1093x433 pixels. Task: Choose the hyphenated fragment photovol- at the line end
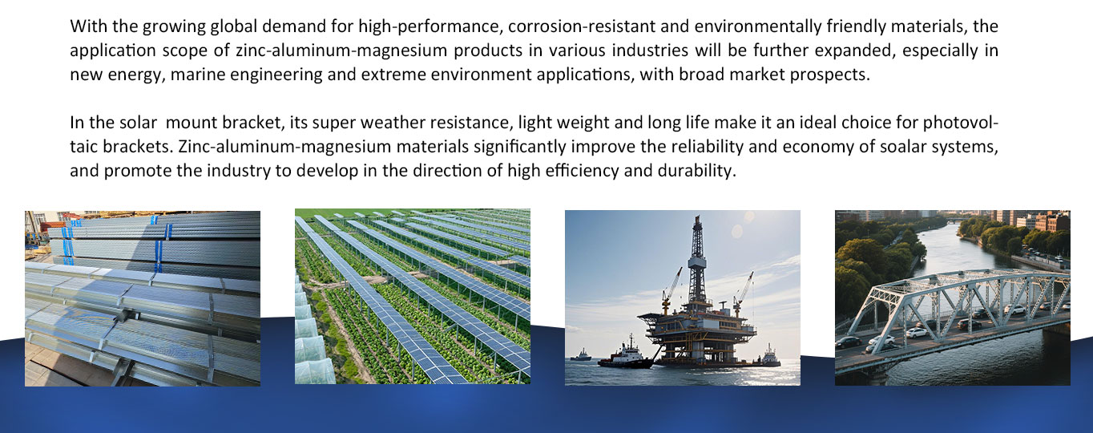(960, 123)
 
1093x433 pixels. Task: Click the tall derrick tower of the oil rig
(697, 259)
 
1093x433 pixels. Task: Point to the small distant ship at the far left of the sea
(581, 355)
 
